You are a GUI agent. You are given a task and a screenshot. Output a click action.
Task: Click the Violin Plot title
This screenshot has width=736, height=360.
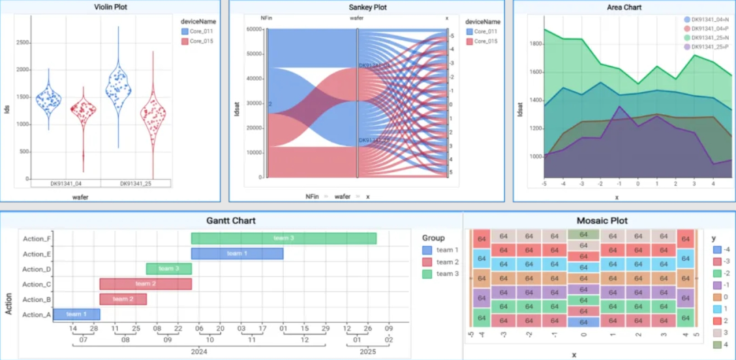(112, 7)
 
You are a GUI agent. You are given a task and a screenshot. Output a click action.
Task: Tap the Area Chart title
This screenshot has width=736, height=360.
(623, 7)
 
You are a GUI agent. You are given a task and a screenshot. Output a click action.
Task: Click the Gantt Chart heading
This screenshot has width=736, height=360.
(231, 221)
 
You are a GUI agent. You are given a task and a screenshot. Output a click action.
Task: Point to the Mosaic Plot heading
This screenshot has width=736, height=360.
(602, 221)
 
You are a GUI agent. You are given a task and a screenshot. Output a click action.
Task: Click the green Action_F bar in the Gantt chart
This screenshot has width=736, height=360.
(283, 238)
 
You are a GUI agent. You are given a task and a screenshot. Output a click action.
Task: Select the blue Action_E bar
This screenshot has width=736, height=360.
(236, 254)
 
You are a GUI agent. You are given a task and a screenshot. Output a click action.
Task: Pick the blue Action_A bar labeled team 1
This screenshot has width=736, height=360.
(76, 314)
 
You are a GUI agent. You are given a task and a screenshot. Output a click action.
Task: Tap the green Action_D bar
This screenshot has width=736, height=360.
(168, 269)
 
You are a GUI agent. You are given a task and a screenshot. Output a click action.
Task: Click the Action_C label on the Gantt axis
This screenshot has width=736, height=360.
(37, 284)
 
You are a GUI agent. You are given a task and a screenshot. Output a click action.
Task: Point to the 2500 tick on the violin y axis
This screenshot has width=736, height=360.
(22, 42)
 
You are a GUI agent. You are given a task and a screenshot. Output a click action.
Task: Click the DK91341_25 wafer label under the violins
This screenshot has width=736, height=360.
(135, 184)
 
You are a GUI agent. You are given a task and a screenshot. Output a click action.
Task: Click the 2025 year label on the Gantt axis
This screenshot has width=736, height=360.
(367, 352)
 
